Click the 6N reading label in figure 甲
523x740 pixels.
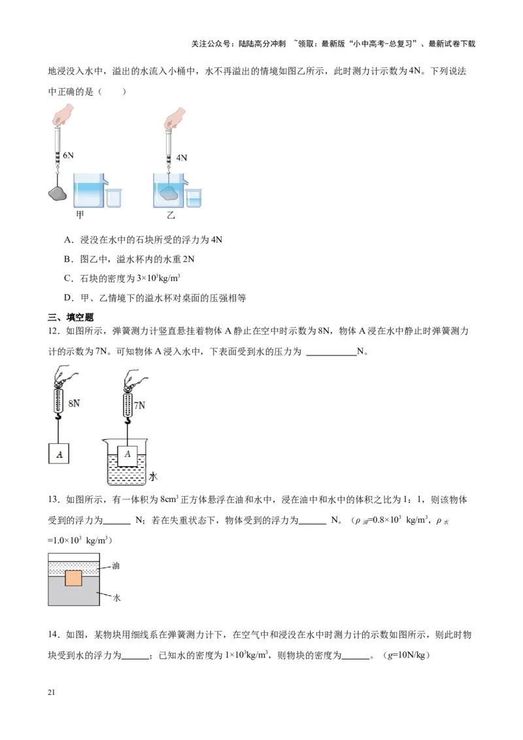65,156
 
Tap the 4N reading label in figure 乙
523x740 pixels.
181,158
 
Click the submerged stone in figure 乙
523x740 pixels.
169,192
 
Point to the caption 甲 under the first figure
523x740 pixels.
80,214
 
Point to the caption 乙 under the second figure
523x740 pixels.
171,214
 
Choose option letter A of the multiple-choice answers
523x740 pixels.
67,240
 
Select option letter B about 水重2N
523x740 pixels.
67,260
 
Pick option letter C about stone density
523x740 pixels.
67,278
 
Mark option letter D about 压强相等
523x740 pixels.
67,298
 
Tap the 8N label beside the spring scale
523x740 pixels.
74,403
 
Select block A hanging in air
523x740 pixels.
59,453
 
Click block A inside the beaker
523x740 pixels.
128,454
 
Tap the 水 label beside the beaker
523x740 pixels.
153,477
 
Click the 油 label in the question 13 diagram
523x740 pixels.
116,566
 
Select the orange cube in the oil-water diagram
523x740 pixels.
73,579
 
